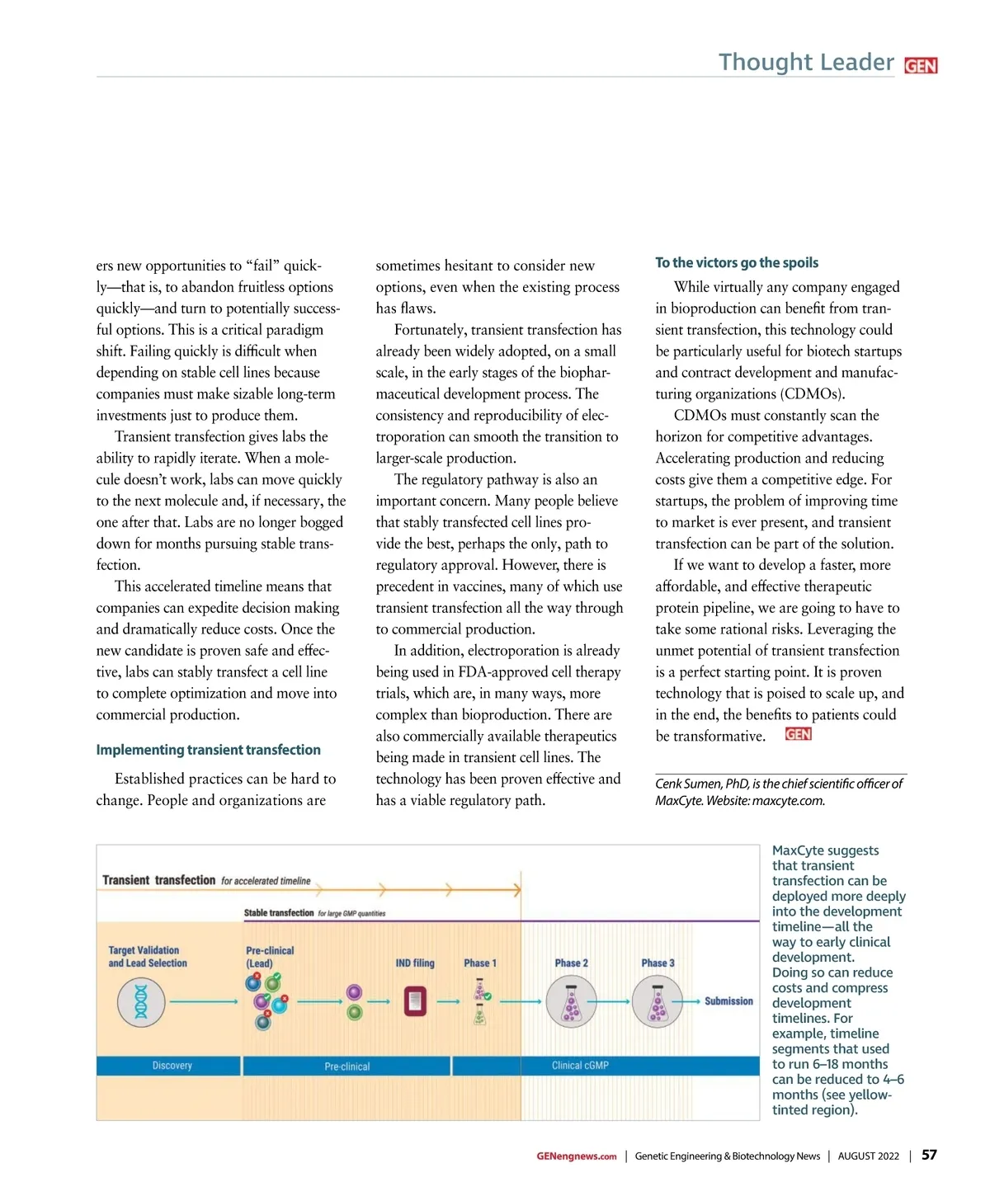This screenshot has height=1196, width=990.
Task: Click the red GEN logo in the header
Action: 921,66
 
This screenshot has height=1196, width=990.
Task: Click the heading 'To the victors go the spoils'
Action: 737,262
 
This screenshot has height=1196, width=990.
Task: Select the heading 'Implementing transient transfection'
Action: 208,750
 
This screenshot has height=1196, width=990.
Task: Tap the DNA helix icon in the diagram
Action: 141,1002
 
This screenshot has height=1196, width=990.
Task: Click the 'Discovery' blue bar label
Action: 172,1066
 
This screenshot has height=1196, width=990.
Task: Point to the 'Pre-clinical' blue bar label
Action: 346,1067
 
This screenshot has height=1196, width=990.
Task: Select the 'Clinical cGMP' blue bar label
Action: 580,1066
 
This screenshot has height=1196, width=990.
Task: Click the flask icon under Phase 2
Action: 571,1002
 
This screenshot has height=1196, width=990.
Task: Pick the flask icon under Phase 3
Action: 657,1002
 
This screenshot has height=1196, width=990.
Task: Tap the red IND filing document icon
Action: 415,1001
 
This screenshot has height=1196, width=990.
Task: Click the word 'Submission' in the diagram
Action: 728,1001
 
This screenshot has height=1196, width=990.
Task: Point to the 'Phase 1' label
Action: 480,963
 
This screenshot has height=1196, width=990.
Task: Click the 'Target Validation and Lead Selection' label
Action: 148,957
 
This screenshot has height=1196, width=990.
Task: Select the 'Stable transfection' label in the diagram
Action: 279,913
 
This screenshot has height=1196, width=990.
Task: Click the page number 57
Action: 929,1155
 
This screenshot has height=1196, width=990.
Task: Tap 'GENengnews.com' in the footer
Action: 576,1156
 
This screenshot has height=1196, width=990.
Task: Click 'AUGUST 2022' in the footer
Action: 868,1156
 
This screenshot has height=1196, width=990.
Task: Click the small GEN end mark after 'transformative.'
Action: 798,734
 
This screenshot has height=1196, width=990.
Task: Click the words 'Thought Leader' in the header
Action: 806,63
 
